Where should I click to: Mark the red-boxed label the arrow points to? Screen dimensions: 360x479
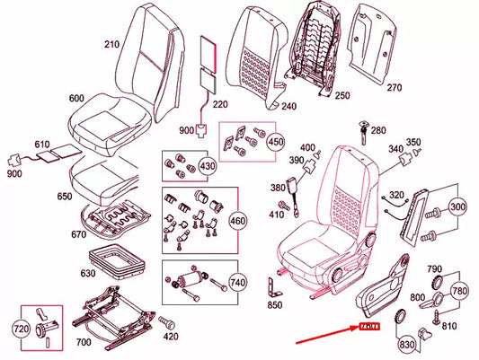coord(371,327)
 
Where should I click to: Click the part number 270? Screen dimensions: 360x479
coord(395,88)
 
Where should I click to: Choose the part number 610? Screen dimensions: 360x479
coord(43,144)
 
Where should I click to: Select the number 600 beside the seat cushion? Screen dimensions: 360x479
coord(76,99)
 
